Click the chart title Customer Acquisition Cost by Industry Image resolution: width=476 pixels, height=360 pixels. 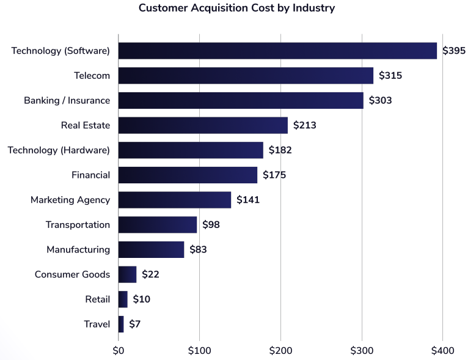click(236, 8)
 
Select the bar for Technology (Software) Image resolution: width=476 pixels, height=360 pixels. click(277, 51)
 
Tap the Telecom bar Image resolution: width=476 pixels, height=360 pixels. click(246, 76)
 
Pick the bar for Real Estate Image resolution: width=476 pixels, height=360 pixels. click(203, 125)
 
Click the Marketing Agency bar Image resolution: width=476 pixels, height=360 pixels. click(175, 200)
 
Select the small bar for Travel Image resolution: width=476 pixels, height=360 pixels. click(121, 324)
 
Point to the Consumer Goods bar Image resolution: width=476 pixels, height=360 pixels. click(127, 274)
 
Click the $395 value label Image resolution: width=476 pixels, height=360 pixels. click(454, 51)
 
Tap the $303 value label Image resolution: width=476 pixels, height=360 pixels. click(380, 101)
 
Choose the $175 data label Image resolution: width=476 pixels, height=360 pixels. click(274, 175)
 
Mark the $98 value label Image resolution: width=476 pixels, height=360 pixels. click(211, 225)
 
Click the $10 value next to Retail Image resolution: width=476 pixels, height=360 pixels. click(141, 299)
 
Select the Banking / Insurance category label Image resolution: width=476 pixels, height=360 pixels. click(67, 101)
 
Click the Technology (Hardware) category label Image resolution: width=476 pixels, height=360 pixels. click(59, 150)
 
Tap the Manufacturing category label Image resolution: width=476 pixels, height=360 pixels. click(78, 249)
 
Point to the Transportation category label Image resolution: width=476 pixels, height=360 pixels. click(78, 225)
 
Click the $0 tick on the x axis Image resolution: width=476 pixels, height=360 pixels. click(119, 351)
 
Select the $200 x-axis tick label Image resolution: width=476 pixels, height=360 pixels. click(280, 351)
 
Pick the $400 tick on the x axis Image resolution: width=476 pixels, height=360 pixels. click(442, 351)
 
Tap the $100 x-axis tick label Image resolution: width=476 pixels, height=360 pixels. click(199, 351)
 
